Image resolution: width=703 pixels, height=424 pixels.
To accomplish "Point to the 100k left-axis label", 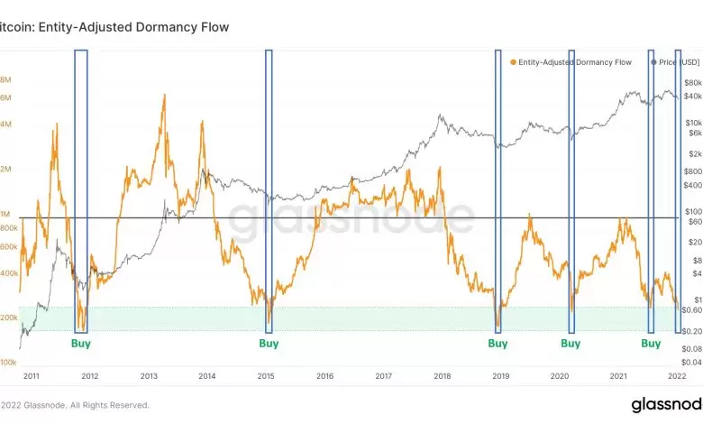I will pos(9,362).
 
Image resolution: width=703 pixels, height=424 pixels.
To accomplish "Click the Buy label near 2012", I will pos(81,344).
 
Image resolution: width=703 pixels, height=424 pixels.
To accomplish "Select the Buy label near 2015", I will pos(269,344).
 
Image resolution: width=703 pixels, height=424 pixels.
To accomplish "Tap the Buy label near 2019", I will pos(498,344).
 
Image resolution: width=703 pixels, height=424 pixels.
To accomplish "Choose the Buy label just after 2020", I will pos(571,344).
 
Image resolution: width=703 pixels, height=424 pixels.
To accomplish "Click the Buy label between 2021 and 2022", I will pos(651,344).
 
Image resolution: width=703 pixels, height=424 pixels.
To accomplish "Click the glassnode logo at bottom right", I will pos(665,404).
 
